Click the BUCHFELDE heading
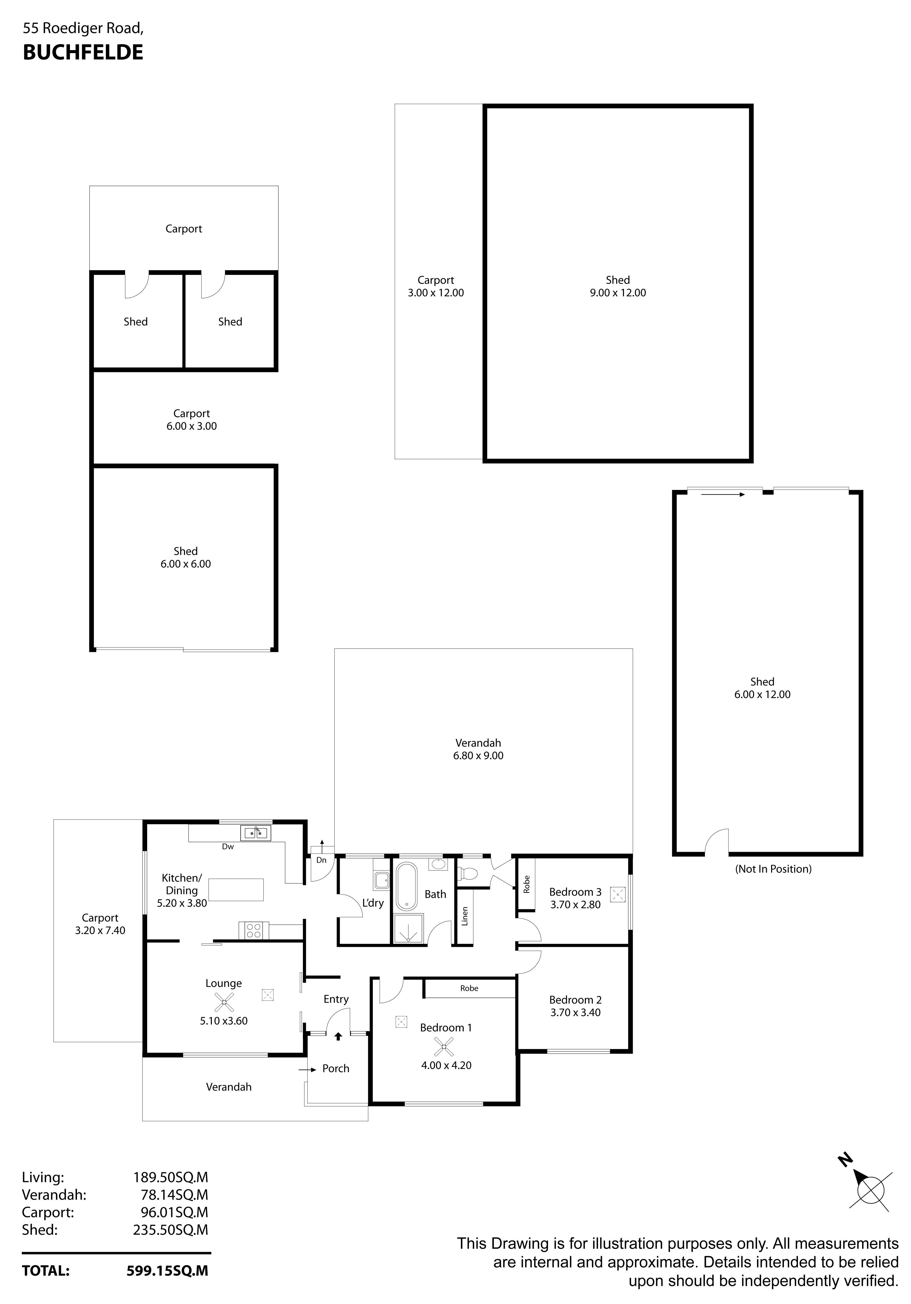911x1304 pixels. coord(83,52)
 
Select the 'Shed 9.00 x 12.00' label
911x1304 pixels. coord(618,286)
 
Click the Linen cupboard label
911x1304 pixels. coord(465,916)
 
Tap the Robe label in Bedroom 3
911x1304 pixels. coord(526,884)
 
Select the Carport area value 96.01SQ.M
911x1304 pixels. coord(174,1212)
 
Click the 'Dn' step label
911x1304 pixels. coord(321,860)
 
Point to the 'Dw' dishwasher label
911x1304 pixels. coord(228,846)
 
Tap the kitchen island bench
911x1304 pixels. coord(236,889)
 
